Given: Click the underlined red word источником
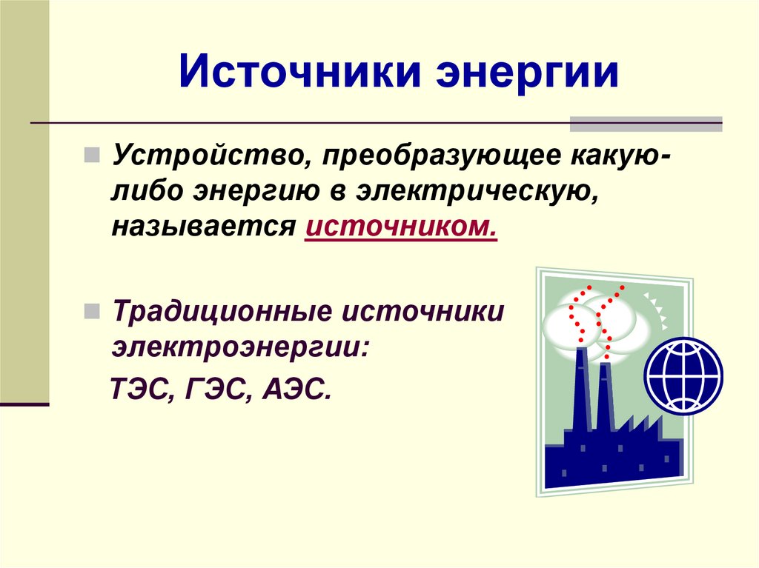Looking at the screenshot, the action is (x=401, y=227).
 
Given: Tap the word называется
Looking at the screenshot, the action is (x=203, y=227).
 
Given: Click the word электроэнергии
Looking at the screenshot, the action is (x=240, y=347).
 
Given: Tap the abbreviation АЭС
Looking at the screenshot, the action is (x=296, y=389).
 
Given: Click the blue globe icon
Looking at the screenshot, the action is (x=683, y=375).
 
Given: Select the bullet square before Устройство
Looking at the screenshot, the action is (x=91, y=156).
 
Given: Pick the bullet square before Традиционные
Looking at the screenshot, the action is (x=91, y=311).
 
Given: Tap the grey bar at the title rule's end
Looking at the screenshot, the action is (x=646, y=124).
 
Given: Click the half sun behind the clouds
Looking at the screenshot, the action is (x=656, y=310).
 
